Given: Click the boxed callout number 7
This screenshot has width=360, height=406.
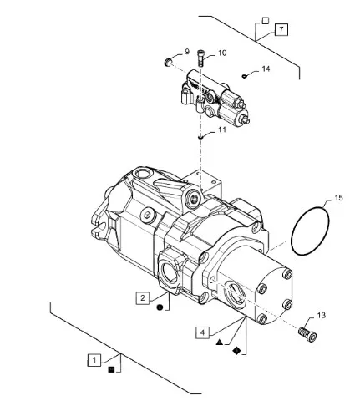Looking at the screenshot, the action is (x=281, y=29).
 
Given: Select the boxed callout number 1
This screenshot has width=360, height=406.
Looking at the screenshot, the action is (x=94, y=360).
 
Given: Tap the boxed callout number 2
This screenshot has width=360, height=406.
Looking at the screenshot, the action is (x=143, y=298).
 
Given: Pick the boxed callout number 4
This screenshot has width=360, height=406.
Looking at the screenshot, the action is (x=202, y=332).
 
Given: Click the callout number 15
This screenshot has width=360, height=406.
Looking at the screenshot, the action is (x=338, y=198).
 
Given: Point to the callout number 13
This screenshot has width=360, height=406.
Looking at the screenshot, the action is (x=321, y=316).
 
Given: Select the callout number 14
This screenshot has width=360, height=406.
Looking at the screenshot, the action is (x=266, y=69).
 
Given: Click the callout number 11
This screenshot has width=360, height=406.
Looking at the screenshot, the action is (x=222, y=129).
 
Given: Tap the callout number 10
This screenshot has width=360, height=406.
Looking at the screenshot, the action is (x=222, y=53).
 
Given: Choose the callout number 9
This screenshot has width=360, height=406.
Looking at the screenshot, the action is (x=187, y=52).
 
